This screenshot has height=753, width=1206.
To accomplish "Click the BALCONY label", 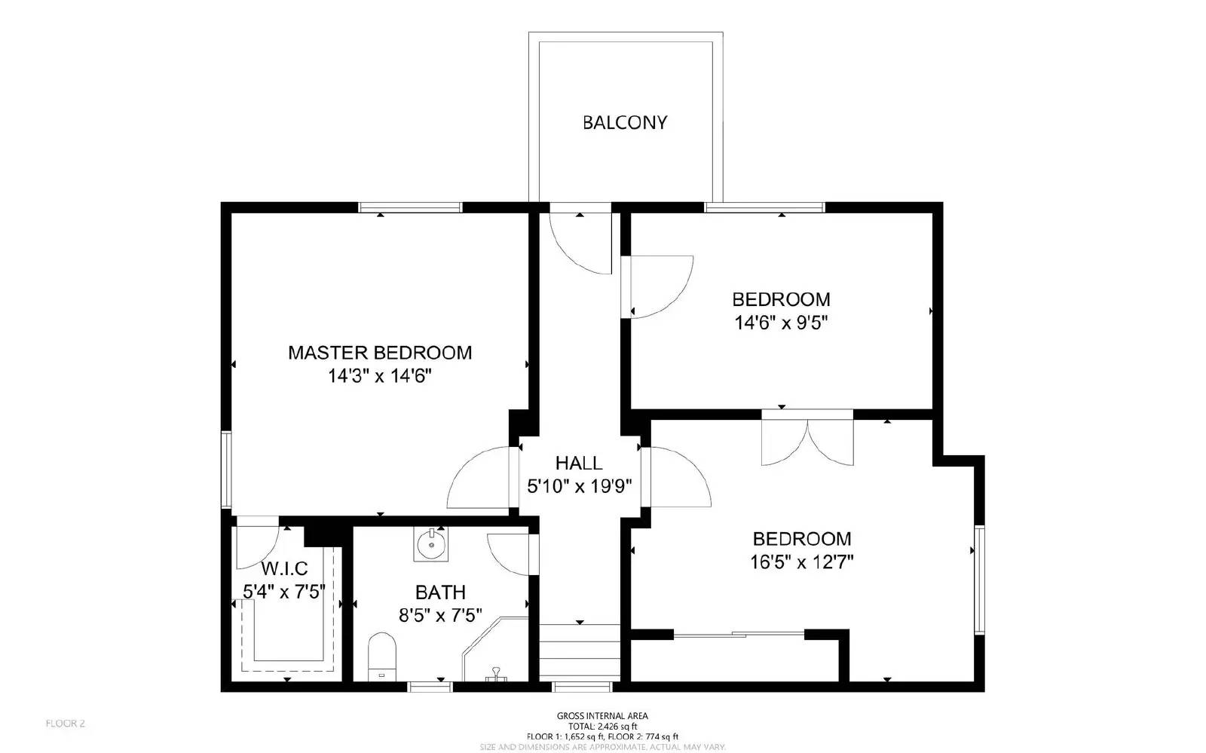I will point(625,123).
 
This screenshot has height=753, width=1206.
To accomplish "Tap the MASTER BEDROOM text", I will point(380,353).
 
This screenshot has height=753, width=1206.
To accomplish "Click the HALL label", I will point(579,463).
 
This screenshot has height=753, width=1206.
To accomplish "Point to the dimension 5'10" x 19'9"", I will point(579,486).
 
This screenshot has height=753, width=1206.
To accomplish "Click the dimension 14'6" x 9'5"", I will point(781,323).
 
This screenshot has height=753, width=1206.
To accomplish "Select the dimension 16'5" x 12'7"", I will point(802,562).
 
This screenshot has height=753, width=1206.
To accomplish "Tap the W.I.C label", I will point(284,568).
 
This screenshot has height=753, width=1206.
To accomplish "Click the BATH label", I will point(440,592).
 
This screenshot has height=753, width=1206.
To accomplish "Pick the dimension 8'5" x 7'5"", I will point(440,616).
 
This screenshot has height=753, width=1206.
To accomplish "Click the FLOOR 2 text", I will point(66,724).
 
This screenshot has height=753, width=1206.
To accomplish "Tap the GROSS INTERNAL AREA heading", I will point(602,716).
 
